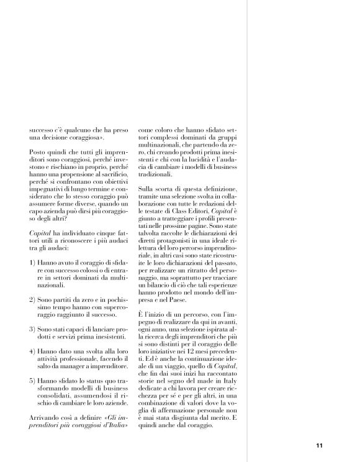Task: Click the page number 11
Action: (x=319, y=445)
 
